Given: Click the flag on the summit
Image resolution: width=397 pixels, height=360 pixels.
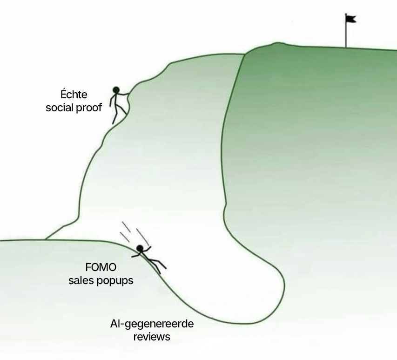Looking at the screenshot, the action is [350, 19].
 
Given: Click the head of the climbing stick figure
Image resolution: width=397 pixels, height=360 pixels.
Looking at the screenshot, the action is [116, 89].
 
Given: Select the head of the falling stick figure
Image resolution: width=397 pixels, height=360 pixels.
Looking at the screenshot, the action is [140, 248].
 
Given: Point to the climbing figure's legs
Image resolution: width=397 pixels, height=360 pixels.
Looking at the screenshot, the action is [118, 111].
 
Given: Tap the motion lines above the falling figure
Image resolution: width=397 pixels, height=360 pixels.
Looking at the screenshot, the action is [135, 233].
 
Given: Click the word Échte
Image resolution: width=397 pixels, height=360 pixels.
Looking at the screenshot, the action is [73, 92].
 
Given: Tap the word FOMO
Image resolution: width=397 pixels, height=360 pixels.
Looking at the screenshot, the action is [101, 269].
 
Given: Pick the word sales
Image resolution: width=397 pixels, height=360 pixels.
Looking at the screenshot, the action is [81, 281].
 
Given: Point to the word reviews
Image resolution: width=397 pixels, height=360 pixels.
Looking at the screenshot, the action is [152, 336].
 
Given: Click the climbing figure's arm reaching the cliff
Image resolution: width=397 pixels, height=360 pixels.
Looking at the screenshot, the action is [124, 93].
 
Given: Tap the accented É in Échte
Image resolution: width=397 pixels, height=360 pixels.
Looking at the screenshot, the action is [64, 91].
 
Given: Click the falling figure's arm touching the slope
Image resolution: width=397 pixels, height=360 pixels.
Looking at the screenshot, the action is [135, 255].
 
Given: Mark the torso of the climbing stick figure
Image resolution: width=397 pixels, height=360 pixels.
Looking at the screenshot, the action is [114, 99].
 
